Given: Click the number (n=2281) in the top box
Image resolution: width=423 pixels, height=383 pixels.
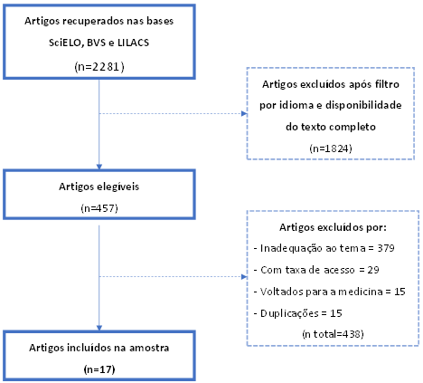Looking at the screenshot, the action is [99, 66].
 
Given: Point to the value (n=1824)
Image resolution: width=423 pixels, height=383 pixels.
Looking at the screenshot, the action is [331, 148].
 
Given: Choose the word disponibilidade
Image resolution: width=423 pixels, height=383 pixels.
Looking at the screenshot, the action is [363, 105].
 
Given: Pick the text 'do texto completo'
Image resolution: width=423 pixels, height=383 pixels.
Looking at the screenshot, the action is [331, 127].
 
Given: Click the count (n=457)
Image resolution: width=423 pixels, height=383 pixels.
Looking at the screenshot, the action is [99, 208].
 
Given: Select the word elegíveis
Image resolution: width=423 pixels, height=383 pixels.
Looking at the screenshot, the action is [119, 187].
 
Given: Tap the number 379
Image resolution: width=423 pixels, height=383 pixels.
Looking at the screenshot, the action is [386, 248].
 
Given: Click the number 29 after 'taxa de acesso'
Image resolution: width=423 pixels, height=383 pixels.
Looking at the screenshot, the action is [373, 270].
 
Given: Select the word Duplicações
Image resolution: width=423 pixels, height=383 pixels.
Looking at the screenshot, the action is [289, 313].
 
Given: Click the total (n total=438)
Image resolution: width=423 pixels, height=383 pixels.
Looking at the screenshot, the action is [333, 334].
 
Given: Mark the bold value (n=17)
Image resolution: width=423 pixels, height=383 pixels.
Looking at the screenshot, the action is [99, 369].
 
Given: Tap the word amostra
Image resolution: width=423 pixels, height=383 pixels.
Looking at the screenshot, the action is [149, 348].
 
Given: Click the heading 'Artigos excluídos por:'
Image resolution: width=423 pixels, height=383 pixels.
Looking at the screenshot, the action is [333, 227].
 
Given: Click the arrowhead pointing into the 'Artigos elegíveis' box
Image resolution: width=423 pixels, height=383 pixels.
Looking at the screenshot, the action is [99, 167].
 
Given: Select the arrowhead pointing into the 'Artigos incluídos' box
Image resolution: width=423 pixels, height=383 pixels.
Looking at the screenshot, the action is [99, 328].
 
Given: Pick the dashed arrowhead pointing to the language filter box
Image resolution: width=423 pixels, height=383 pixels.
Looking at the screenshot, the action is [244, 114].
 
